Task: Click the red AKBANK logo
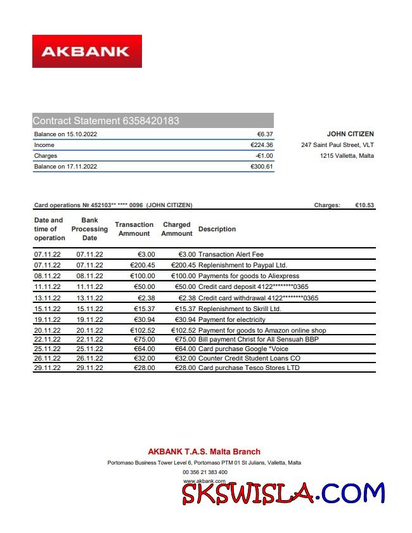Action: (x=87, y=51)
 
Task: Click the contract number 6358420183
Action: (x=151, y=120)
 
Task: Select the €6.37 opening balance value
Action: (x=265, y=134)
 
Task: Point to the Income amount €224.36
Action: (x=262, y=145)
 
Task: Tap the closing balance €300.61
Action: (x=262, y=167)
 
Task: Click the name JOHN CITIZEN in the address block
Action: (x=350, y=134)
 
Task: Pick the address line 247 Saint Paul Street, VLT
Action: (x=337, y=145)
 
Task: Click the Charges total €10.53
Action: (x=364, y=205)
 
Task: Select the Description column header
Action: (x=217, y=229)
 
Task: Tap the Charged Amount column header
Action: (x=176, y=229)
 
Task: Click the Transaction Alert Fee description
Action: (x=231, y=254)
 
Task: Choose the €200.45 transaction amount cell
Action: (x=142, y=265)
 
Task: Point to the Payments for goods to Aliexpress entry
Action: (x=248, y=276)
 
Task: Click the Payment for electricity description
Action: (x=232, y=319)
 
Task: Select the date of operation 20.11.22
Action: (x=47, y=330)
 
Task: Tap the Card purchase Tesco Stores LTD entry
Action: (x=249, y=368)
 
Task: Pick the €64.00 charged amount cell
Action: (x=183, y=349)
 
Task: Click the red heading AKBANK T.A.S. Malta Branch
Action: (x=204, y=452)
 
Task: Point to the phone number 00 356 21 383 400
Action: (x=205, y=472)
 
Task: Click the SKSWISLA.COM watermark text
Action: (x=283, y=492)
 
